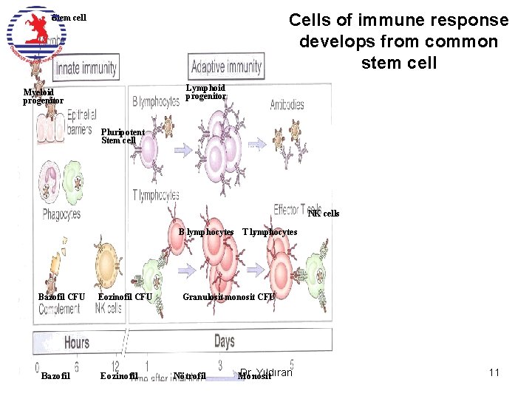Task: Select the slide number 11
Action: point(494,372)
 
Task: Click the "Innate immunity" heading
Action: point(86,69)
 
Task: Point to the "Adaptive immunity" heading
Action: point(226,66)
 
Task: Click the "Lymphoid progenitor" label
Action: point(205,92)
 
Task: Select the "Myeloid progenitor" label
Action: point(43,97)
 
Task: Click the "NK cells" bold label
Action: point(324,214)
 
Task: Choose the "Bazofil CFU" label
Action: point(61,297)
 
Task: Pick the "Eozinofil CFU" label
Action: point(125,297)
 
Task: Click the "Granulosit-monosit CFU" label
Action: point(228,297)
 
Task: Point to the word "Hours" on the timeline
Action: point(77,342)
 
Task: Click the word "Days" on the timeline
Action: point(224,341)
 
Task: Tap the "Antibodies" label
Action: point(287,105)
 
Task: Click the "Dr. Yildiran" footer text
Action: point(267,372)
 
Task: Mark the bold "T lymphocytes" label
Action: point(270,232)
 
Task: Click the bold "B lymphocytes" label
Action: point(206,232)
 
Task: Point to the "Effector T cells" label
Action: point(296,208)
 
